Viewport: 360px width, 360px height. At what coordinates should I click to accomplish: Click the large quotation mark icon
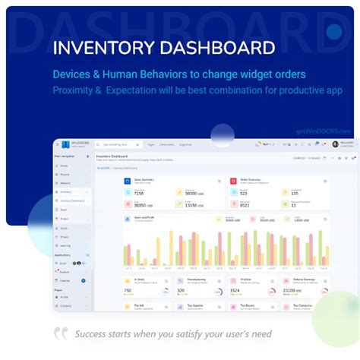click(x=61, y=333)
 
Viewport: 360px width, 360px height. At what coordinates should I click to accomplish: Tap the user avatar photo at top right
click(x=335, y=144)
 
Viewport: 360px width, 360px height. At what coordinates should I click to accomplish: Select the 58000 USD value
click(x=194, y=194)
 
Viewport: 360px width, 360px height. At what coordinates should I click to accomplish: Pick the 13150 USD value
click(x=194, y=205)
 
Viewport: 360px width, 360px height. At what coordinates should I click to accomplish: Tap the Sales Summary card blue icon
click(x=127, y=182)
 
